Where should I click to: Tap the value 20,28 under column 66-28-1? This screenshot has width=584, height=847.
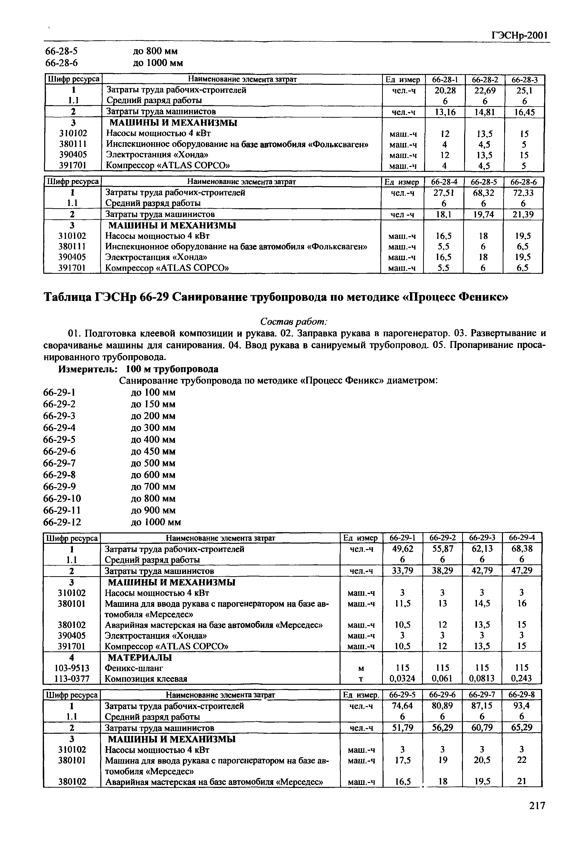tap(445, 90)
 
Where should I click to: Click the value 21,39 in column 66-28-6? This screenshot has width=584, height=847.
tap(522, 214)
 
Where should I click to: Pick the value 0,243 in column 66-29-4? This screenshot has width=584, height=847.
tap(521, 678)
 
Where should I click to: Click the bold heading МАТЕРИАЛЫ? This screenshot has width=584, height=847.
tap(140, 657)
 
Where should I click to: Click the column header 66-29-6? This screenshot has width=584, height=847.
tap(442, 694)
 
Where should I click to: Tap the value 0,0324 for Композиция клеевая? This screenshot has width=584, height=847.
tap(402, 678)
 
